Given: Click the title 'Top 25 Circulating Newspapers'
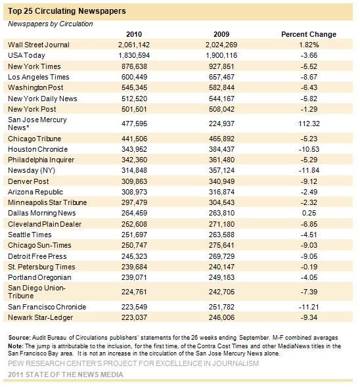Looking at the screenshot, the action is [66, 11].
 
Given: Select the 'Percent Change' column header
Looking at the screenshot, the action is [309, 34].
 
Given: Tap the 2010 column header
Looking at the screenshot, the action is [134, 34].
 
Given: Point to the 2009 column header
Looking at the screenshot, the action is [221, 34].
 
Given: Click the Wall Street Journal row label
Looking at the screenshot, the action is [39, 45].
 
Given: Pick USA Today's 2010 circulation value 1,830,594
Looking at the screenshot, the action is [134, 56].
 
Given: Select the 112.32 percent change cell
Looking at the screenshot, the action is [309, 124].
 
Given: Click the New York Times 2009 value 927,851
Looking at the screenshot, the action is [221, 66].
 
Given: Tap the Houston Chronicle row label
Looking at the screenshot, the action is [37, 149].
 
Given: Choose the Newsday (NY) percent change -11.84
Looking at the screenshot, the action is [309, 171].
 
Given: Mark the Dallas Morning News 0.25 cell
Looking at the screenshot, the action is [309, 214].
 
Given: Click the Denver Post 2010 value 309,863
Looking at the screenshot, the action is [134, 181].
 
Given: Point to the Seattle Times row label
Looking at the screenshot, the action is [30, 235].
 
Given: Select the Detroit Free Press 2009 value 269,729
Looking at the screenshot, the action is [221, 256].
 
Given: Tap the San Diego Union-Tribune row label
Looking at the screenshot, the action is [37, 292].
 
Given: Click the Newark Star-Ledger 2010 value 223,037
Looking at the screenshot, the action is [134, 317].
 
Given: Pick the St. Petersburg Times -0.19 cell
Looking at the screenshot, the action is [309, 267].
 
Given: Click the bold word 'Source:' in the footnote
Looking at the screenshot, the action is [19, 338].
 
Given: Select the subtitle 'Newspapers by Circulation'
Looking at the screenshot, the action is [51, 24].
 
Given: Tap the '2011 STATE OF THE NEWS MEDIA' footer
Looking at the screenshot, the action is [66, 375].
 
